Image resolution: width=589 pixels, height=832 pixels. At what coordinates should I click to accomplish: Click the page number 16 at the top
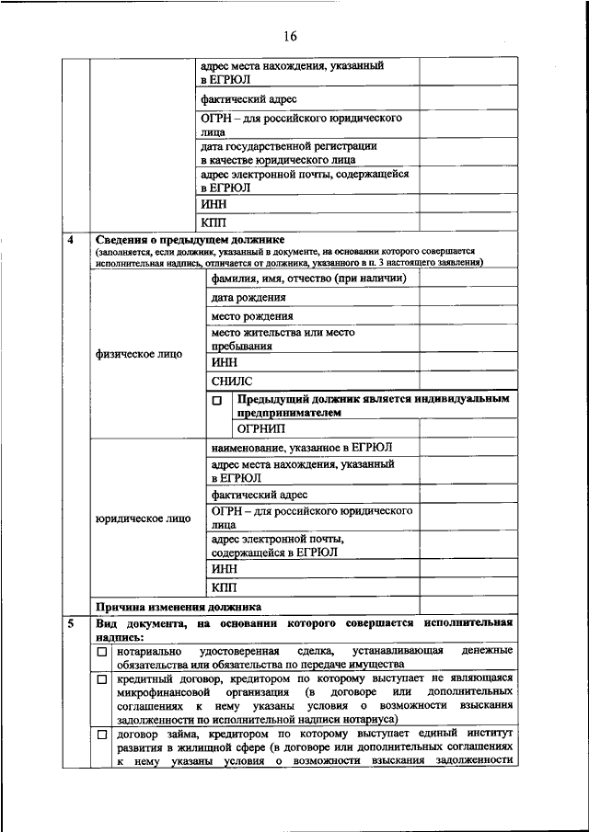click(292, 37)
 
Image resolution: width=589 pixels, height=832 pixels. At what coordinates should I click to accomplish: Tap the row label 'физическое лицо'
click(138, 354)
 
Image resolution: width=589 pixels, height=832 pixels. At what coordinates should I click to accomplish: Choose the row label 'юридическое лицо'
click(143, 519)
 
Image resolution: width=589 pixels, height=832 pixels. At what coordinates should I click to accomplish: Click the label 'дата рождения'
click(248, 298)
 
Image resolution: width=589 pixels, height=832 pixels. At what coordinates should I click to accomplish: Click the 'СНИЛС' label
click(231, 381)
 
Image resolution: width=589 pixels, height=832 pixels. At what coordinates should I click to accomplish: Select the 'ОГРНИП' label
click(261, 428)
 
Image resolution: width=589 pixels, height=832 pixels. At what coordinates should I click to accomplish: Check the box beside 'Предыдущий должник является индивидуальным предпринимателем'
click(217, 402)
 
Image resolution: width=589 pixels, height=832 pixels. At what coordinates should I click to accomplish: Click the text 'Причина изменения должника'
click(179, 607)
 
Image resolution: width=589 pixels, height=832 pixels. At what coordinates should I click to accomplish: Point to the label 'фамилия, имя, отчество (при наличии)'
click(308, 279)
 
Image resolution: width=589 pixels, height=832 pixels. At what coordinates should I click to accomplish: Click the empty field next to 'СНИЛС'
click(468, 381)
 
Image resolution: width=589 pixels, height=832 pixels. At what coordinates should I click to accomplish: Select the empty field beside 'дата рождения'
click(468, 298)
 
